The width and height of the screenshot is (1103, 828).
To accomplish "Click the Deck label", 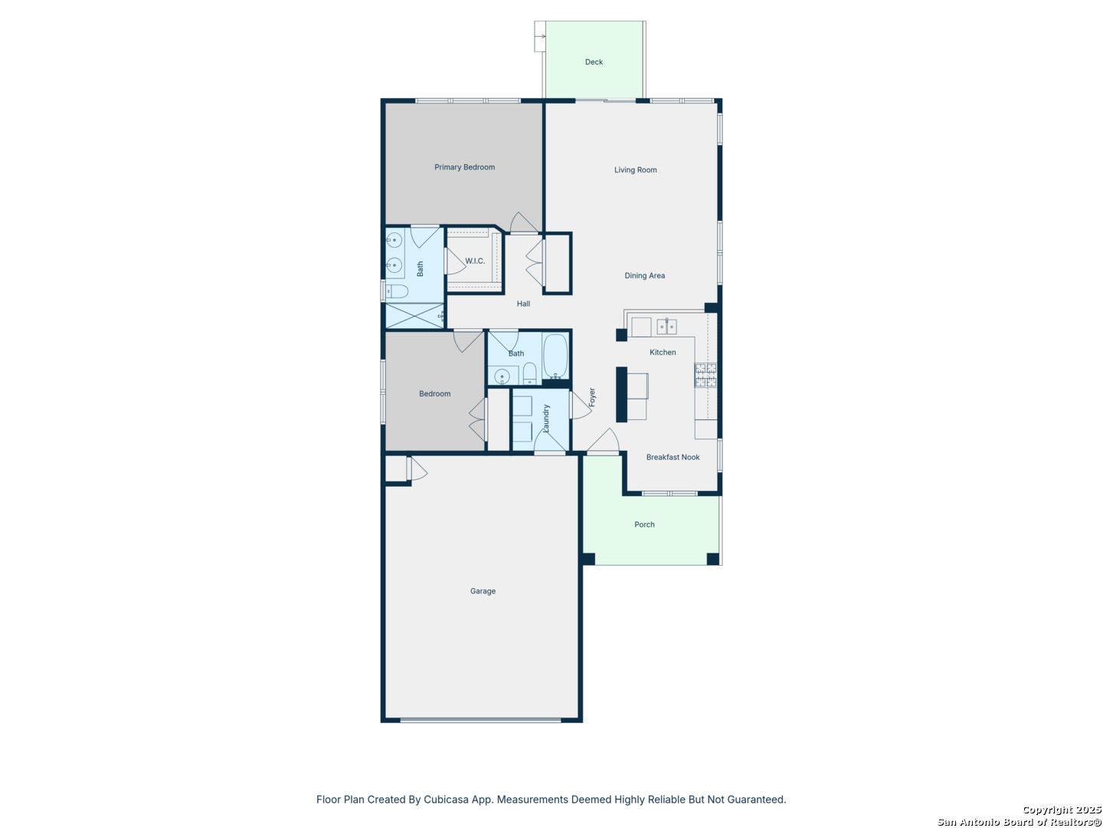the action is [594, 62].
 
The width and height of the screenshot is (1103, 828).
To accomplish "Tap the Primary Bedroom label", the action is [464, 167].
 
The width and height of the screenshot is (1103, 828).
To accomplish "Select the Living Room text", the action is [635, 170].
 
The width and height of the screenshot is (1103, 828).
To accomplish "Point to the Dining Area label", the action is [644, 275].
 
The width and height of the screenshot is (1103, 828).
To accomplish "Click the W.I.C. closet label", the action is [475, 261].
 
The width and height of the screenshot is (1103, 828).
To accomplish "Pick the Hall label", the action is [523, 304].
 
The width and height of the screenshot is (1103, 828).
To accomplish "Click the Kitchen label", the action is [663, 353].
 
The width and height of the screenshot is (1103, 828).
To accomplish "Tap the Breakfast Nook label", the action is [673, 457].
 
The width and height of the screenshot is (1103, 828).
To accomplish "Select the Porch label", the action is [644, 524].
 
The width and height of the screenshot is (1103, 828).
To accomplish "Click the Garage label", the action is [483, 590].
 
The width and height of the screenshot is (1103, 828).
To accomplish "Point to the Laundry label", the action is [545, 419].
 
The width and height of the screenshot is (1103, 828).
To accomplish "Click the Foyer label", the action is [591, 397].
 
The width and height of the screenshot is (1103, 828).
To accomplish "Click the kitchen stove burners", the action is [705, 375].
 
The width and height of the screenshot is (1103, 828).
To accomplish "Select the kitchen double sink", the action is [666, 327].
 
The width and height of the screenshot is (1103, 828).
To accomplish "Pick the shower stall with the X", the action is [414, 316].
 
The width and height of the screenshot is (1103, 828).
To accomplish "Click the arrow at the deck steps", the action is [540, 36].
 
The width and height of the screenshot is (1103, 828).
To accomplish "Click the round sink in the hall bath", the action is [502, 376].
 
